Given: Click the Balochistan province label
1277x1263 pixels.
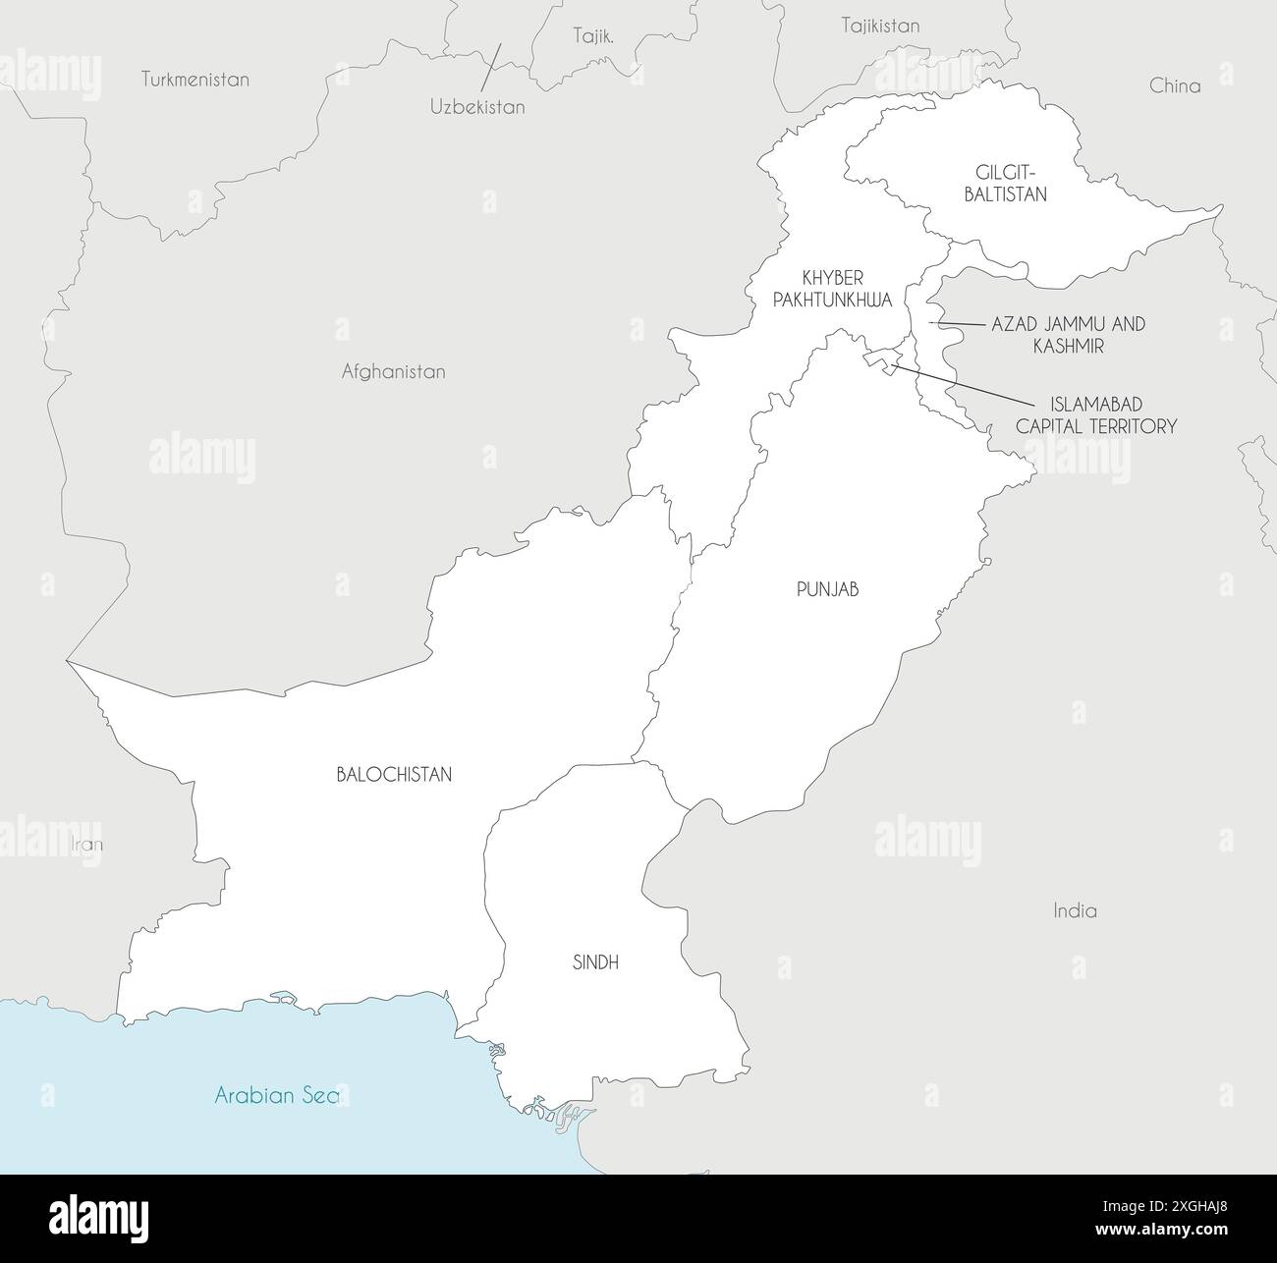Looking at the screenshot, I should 394,774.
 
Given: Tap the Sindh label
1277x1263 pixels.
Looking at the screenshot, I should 595,962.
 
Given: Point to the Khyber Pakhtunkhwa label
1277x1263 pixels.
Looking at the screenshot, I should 832,289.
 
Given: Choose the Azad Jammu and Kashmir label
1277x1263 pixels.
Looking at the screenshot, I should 1068,334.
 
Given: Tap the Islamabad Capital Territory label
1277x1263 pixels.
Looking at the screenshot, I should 1096,415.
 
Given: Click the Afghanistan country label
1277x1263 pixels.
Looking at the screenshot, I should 393,371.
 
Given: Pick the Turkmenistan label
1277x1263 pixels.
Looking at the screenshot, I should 194,80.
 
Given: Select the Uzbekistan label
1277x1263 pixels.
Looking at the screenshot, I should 477,107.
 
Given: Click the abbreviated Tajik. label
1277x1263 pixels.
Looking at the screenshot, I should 593,37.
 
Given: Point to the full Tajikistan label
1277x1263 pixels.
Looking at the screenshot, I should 880,26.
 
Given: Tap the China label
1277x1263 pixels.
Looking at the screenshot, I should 1175,85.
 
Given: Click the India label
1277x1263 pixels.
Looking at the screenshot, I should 1075,910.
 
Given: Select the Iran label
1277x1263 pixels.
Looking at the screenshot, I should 87,844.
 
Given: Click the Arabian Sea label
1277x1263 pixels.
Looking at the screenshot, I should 276,1095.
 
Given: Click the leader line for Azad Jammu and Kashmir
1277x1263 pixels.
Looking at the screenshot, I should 957,323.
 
